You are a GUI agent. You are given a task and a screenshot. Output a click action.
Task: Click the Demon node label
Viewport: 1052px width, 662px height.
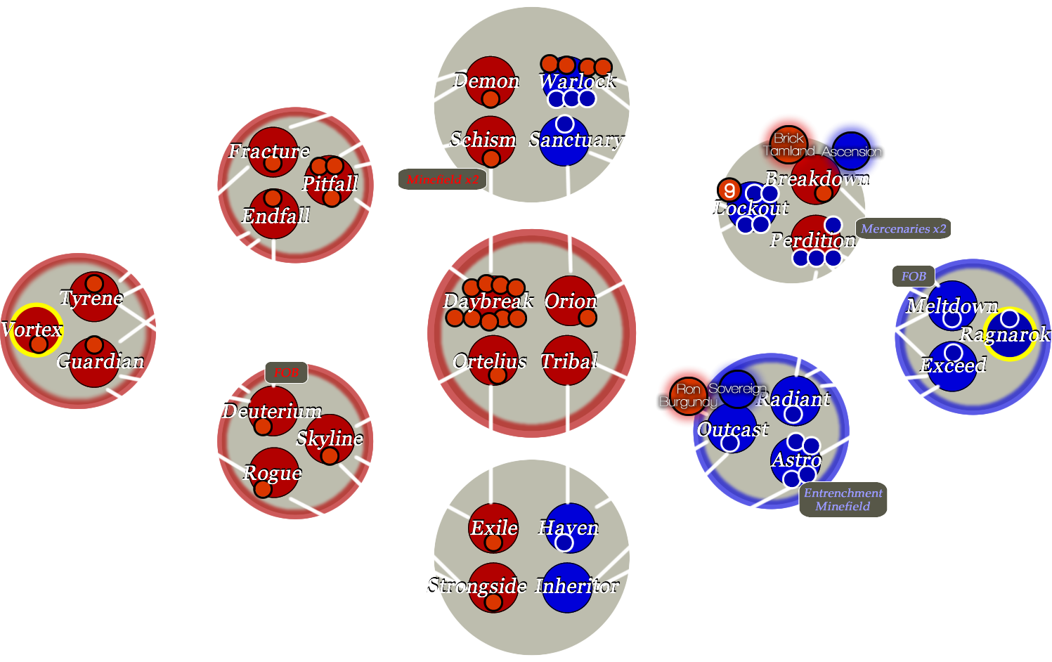(x=486, y=81)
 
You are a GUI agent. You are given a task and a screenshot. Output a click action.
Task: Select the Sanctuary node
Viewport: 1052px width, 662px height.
(x=564, y=141)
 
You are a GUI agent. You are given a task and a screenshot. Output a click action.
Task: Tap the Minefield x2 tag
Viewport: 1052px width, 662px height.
(x=442, y=180)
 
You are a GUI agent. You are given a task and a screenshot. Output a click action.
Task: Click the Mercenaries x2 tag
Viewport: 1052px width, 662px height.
(x=903, y=228)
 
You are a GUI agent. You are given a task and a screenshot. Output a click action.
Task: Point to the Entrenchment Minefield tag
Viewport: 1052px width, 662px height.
(x=843, y=500)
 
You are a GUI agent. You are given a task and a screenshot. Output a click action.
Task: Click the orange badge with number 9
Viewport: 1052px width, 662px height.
(x=729, y=190)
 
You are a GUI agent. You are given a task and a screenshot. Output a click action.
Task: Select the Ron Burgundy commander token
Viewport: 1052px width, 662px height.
(x=688, y=396)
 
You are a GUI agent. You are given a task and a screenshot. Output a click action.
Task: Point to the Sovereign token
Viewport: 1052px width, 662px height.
(x=737, y=389)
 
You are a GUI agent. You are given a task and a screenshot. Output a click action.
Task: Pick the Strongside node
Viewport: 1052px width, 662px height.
(x=493, y=587)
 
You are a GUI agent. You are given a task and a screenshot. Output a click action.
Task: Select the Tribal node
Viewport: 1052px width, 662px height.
(x=568, y=361)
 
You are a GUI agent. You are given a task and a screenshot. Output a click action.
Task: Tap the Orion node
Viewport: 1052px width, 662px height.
(x=570, y=301)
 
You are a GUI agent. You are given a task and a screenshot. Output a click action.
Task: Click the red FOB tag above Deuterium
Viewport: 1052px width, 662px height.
(x=287, y=372)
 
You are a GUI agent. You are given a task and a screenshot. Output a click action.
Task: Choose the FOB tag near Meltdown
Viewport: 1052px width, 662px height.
(x=914, y=276)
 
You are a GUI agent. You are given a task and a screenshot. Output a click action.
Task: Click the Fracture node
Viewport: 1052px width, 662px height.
(x=273, y=152)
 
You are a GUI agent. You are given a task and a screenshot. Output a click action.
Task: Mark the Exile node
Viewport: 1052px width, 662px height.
(x=493, y=528)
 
